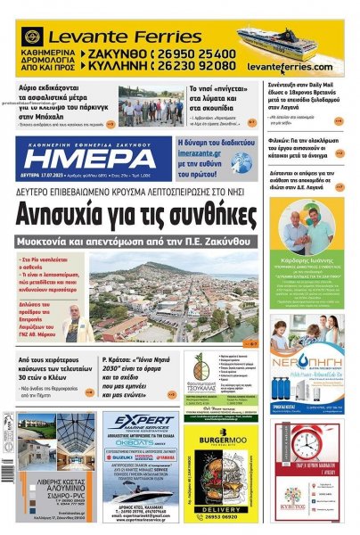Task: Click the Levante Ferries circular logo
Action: pyautogui.click(x=32, y=37)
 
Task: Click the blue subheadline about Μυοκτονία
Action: pyautogui.click(x=143, y=243)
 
